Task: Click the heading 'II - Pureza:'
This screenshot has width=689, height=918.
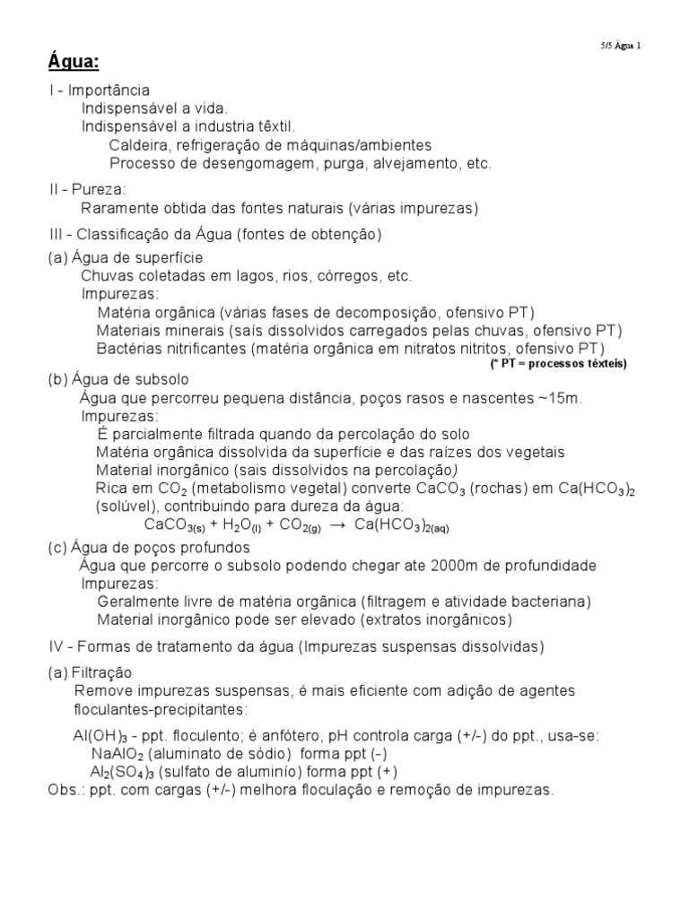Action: point(87,190)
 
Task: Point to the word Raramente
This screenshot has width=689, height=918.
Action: point(118,209)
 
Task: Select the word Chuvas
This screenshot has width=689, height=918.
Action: point(106,276)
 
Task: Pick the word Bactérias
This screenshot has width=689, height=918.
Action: point(127,348)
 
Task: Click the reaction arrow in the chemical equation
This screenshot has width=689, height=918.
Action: point(337,525)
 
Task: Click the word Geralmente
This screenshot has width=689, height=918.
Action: point(137,602)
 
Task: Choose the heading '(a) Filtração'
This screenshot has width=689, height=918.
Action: point(90,672)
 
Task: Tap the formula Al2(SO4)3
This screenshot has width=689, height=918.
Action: point(126,773)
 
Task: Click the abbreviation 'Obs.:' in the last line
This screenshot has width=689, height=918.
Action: point(65,790)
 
